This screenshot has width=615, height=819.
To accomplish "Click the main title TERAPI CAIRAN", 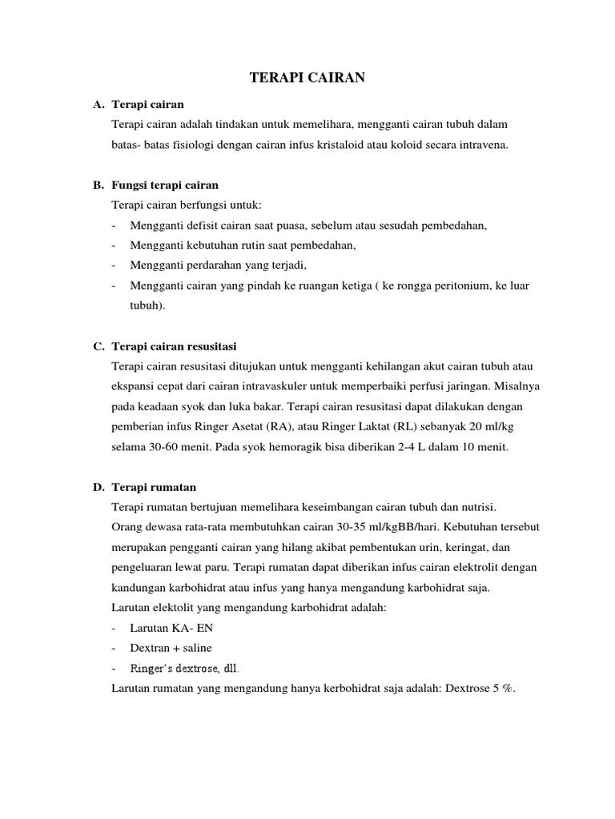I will tap(307, 78).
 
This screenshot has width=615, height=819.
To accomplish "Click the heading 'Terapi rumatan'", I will tap(155, 487).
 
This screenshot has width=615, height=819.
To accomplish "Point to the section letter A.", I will tap(98, 105).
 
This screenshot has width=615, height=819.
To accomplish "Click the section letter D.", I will tap(98, 487).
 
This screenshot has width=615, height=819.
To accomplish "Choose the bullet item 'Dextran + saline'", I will tap(171, 648).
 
